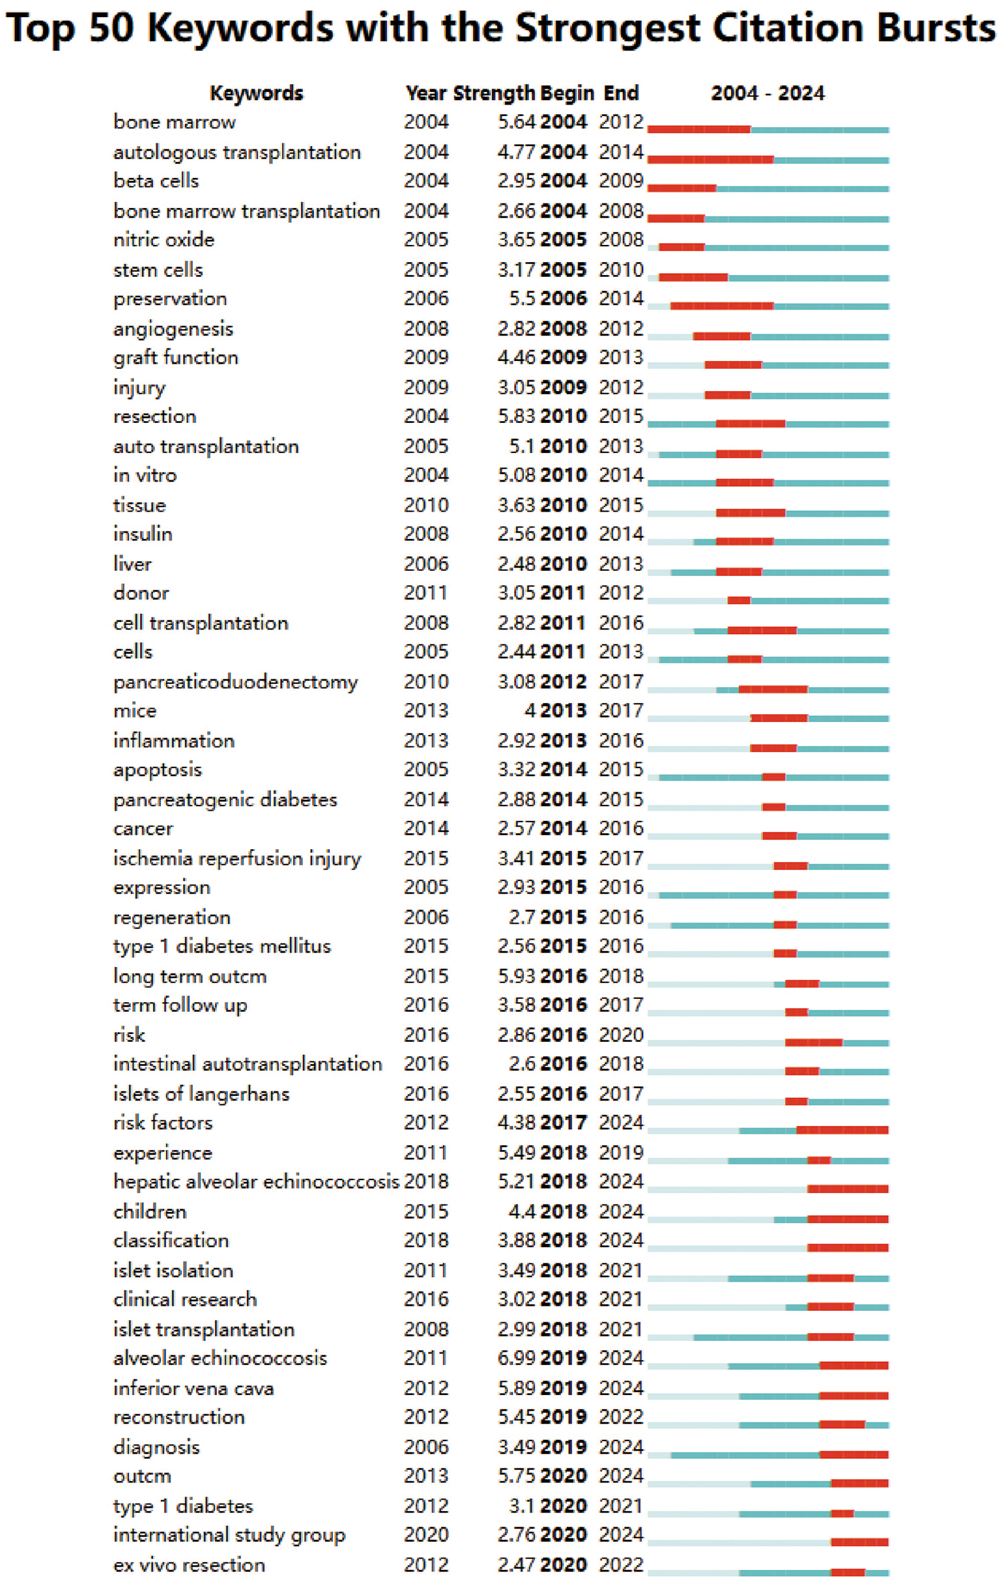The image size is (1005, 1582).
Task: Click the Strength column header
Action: tap(494, 93)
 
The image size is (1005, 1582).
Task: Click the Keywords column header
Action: tap(257, 93)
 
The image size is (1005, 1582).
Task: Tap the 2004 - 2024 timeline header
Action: tap(767, 93)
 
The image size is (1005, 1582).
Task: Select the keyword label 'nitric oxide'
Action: tap(163, 240)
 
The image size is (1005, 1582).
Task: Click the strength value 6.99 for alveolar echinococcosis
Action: tap(516, 1358)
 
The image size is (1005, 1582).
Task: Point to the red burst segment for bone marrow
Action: tap(699, 129)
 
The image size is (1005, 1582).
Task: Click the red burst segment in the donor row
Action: tap(739, 600)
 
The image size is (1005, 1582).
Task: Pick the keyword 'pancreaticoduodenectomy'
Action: tap(235, 682)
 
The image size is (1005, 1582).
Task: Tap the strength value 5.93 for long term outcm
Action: tap(516, 976)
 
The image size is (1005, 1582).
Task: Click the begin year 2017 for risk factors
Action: tap(563, 1123)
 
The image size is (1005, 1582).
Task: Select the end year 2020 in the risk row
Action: tap(620, 1035)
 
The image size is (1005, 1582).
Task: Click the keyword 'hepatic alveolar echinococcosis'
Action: tap(257, 1181)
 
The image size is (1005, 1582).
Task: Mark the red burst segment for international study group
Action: tap(859, 1542)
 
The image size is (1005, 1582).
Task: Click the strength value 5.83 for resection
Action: tap(516, 417)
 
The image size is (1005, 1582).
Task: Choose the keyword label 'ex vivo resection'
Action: tap(190, 1565)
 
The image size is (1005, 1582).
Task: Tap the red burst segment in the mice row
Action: tap(779, 718)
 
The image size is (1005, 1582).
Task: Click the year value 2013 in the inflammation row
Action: tap(426, 741)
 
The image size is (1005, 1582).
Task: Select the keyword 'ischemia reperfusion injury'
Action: tap(237, 859)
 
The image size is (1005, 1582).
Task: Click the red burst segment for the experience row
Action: tap(818, 1160)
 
